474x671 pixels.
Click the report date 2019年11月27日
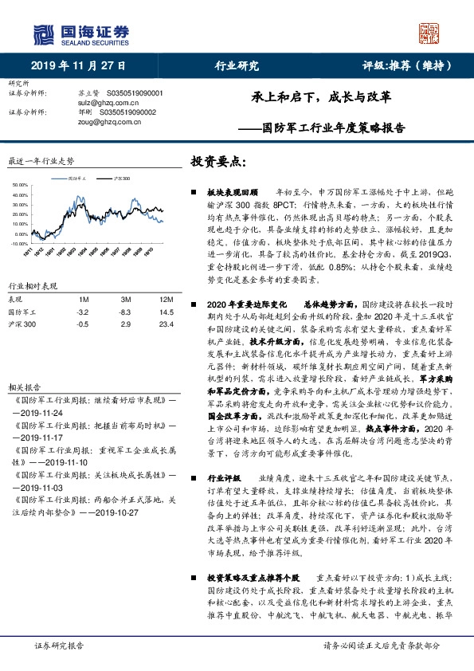click(x=79, y=67)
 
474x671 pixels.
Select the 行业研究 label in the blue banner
click(x=237, y=67)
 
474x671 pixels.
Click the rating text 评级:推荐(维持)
click(x=399, y=67)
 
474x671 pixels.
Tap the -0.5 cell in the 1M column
click(x=83, y=324)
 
